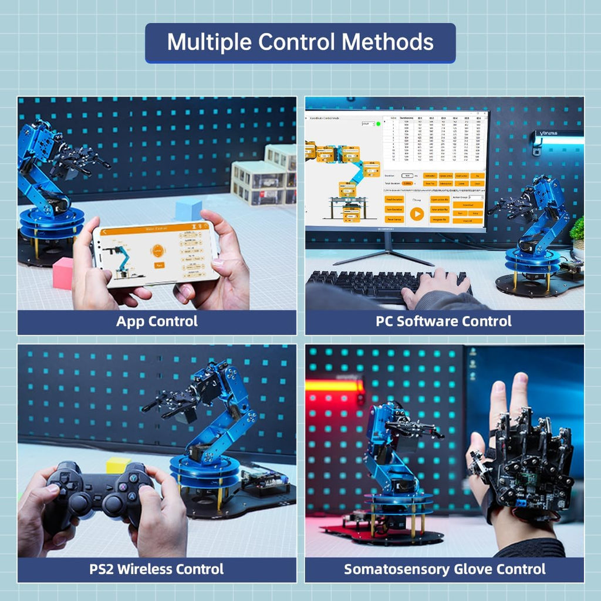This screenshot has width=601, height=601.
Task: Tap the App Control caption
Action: click(157, 322)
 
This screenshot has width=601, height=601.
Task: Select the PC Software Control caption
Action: click(444, 322)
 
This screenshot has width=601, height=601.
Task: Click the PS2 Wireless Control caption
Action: click(157, 569)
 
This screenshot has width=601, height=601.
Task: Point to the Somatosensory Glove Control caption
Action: click(444, 569)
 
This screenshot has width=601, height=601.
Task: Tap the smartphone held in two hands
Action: click(156, 254)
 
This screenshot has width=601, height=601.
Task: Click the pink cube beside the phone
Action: click(63, 274)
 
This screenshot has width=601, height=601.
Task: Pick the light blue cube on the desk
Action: click(188, 208)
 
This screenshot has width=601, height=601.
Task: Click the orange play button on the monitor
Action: click(417, 214)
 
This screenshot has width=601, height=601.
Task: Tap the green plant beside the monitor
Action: click(578, 229)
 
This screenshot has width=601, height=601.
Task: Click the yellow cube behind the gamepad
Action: click(118, 465)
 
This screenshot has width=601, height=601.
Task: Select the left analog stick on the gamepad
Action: click(80, 502)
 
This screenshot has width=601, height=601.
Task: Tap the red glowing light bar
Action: click(333, 386)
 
